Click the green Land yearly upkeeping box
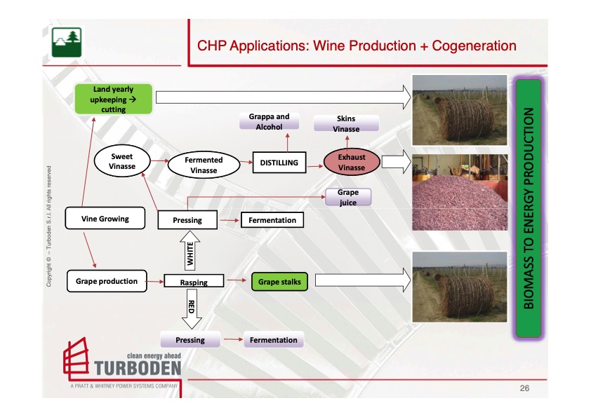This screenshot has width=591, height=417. click(x=113, y=100)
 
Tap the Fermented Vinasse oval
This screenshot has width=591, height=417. click(x=204, y=165)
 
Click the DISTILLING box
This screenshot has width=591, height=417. click(x=279, y=163)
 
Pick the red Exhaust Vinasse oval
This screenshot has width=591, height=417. click(x=352, y=163)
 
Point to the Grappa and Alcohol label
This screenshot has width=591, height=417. click(x=269, y=121)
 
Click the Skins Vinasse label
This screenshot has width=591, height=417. click(x=346, y=124)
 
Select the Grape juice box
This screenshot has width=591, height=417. click(x=347, y=197)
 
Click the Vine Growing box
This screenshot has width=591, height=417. click(x=105, y=219)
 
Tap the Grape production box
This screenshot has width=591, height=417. click(x=107, y=281)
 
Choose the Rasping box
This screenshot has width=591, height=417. click(x=194, y=282)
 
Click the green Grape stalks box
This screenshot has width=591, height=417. click(x=279, y=282)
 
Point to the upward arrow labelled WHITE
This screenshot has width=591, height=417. click(x=188, y=252)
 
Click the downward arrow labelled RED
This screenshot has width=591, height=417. click(x=190, y=310)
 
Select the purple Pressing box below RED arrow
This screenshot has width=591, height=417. click(x=190, y=340)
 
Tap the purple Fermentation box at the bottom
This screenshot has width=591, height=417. click(x=274, y=340)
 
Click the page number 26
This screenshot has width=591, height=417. click(x=524, y=388)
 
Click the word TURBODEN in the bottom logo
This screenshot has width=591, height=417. click(x=137, y=367)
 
